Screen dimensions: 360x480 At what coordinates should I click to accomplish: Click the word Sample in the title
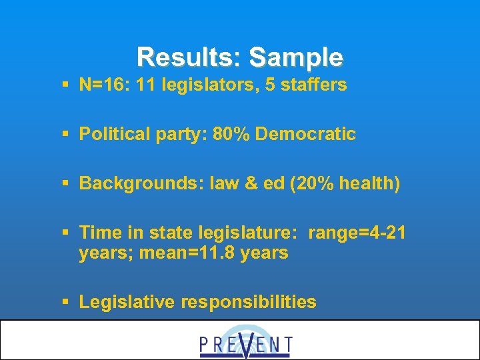coord(297,57)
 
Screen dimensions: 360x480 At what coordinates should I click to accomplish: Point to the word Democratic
coord(305,134)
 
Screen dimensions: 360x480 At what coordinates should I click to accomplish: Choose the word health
coord(368,183)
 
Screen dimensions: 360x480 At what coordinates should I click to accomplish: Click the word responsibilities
coord(250,302)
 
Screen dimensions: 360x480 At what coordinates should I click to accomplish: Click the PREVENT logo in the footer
coord(245,341)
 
